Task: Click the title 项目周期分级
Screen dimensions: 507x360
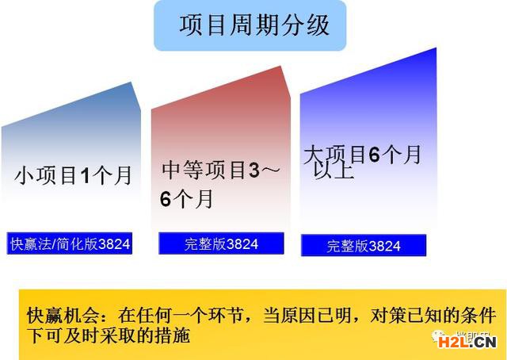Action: (x=254, y=25)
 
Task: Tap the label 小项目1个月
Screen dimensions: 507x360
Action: (x=73, y=175)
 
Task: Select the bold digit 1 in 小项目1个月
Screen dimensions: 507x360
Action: (x=85, y=176)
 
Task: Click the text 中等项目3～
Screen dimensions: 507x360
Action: (x=220, y=170)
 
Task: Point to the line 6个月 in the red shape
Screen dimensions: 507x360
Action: (x=187, y=198)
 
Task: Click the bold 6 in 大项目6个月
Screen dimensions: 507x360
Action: (x=374, y=155)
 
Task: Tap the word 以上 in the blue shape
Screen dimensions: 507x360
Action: (x=334, y=171)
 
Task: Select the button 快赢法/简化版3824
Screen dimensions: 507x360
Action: (x=70, y=243)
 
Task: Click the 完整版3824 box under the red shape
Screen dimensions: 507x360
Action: (x=221, y=243)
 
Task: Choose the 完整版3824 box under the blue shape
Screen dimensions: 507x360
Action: (x=364, y=245)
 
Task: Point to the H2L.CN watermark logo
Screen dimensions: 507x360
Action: (x=467, y=342)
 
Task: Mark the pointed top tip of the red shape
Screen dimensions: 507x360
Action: (x=280, y=66)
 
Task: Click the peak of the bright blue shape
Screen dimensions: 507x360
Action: (x=436, y=48)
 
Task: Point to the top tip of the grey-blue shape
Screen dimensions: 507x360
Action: (x=131, y=82)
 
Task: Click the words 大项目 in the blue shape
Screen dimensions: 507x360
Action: (x=334, y=155)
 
